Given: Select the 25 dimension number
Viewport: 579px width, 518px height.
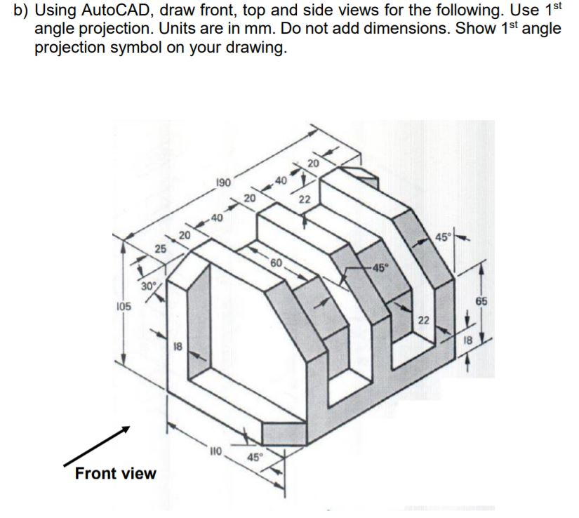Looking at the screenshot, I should pyautogui.click(x=160, y=248).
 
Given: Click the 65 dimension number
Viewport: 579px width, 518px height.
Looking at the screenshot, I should pyautogui.click(x=481, y=300).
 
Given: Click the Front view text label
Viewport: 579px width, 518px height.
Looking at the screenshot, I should pyautogui.click(x=115, y=473).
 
